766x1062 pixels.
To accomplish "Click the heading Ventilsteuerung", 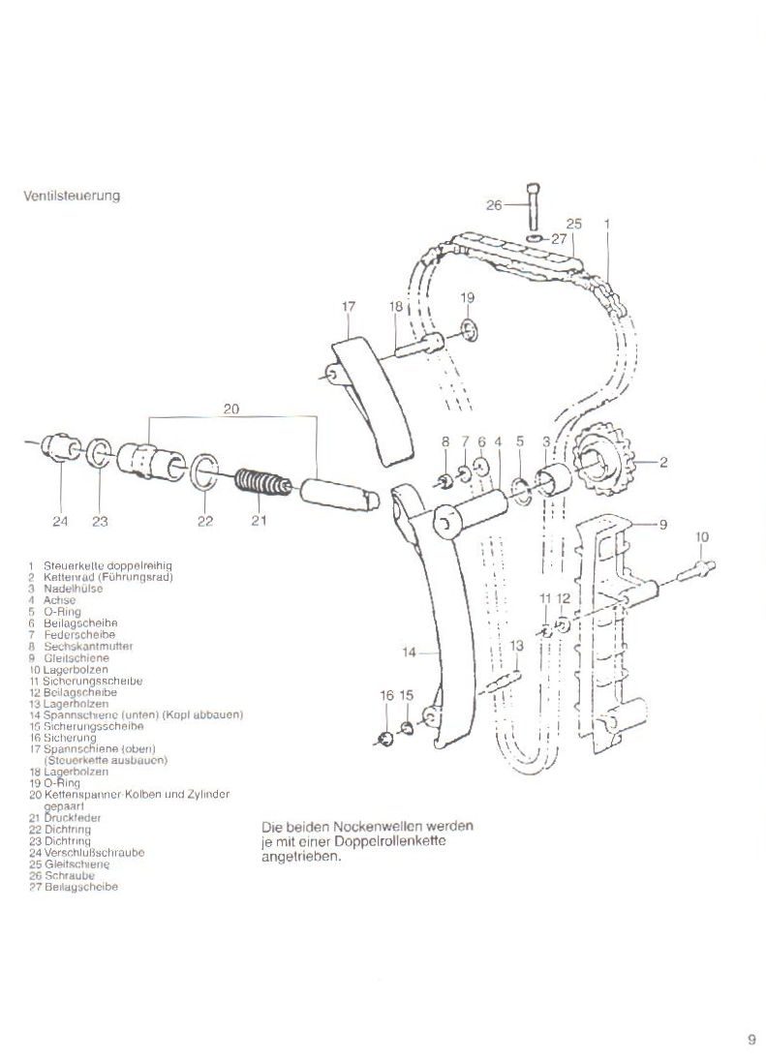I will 72,196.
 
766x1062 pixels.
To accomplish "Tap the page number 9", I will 751,1041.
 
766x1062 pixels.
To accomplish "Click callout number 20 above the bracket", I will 230,410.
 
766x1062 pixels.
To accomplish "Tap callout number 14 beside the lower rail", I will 409,652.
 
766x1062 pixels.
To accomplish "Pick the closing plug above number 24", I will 61,446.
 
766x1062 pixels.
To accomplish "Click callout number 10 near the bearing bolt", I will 702,536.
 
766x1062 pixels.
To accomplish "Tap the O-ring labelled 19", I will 469,331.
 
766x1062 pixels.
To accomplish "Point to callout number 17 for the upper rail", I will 350,307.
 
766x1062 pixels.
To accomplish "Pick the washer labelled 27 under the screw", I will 535,235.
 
